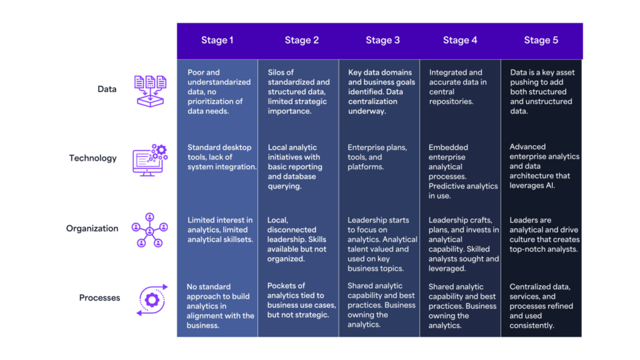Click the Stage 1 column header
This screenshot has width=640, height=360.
[x=217, y=40]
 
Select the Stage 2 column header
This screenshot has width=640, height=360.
[x=301, y=40]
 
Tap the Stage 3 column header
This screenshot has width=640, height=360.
[x=383, y=40]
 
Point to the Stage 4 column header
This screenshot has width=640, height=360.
[x=460, y=40]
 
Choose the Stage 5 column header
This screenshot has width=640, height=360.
[x=541, y=40]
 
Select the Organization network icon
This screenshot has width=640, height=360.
[x=150, y=229]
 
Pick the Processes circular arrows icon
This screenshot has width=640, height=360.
[x=151, y=299]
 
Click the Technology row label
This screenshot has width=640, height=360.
[x=93, y=159]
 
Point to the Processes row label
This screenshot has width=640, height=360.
[x=99, y=298]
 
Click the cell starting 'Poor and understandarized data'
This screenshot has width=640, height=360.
[x=217, y=92]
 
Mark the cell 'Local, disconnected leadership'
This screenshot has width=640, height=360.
[x=297, y=235]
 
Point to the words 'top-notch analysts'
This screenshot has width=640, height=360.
[x=543, y=249]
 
